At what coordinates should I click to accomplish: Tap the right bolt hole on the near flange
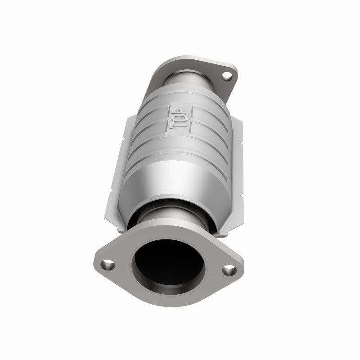coord(229,270)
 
